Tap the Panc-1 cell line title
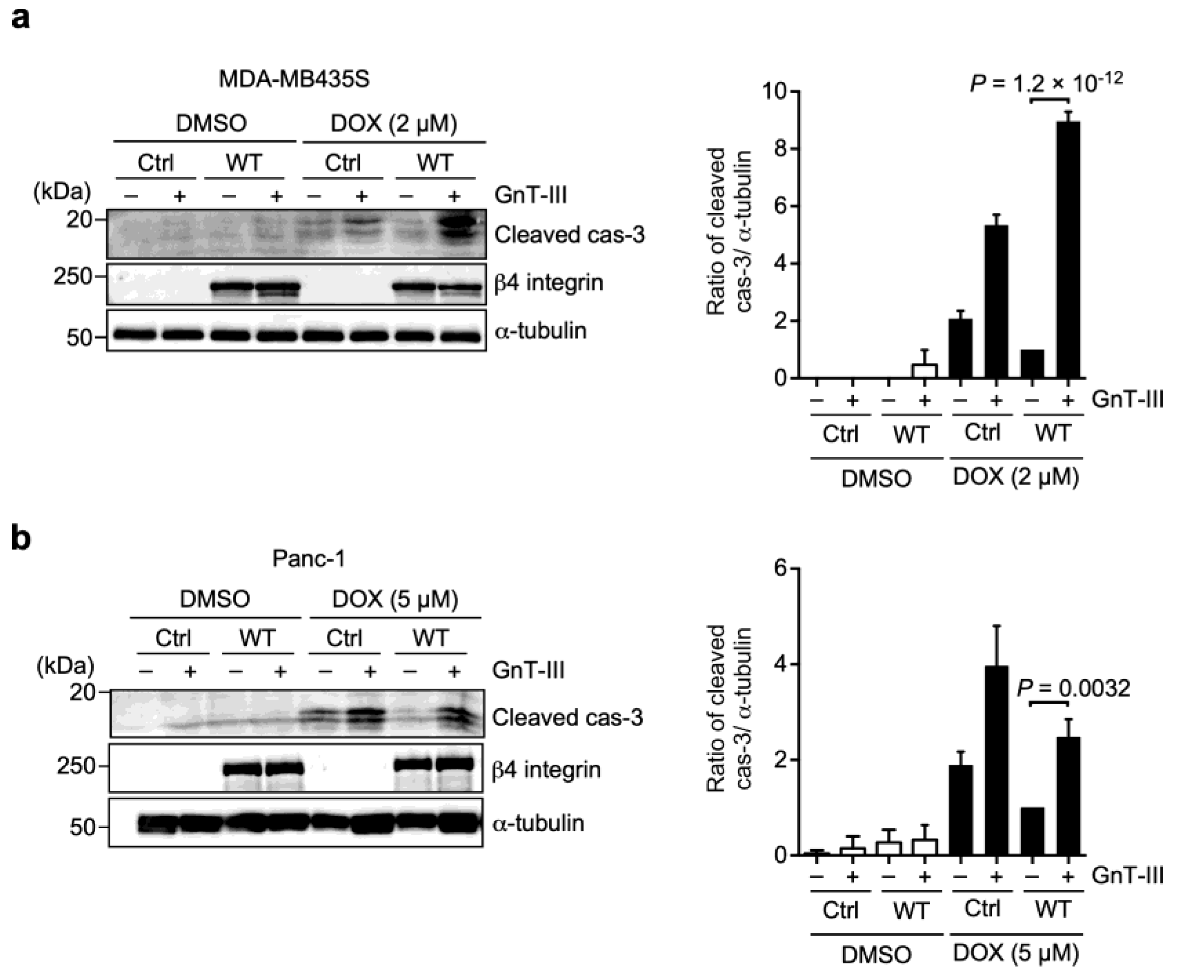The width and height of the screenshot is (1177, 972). (x=308, y=558)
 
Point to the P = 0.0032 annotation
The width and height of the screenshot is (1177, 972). (x=1073, y=688)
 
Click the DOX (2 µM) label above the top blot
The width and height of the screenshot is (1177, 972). (x=394, y=123)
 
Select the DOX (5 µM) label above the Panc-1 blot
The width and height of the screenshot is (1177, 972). (x=395, y=599)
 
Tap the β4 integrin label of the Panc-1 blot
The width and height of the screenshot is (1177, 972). (x=546, y=769)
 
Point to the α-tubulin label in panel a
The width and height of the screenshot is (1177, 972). (x=540, y=331)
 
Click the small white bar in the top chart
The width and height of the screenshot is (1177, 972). (x=925, y=371)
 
